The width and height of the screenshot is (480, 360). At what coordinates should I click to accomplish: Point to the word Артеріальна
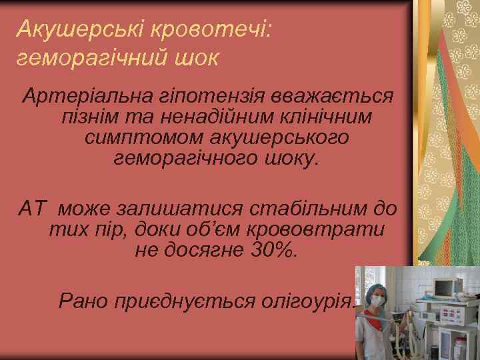pos(78,96)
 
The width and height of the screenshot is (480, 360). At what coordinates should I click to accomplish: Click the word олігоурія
pos(311,301)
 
